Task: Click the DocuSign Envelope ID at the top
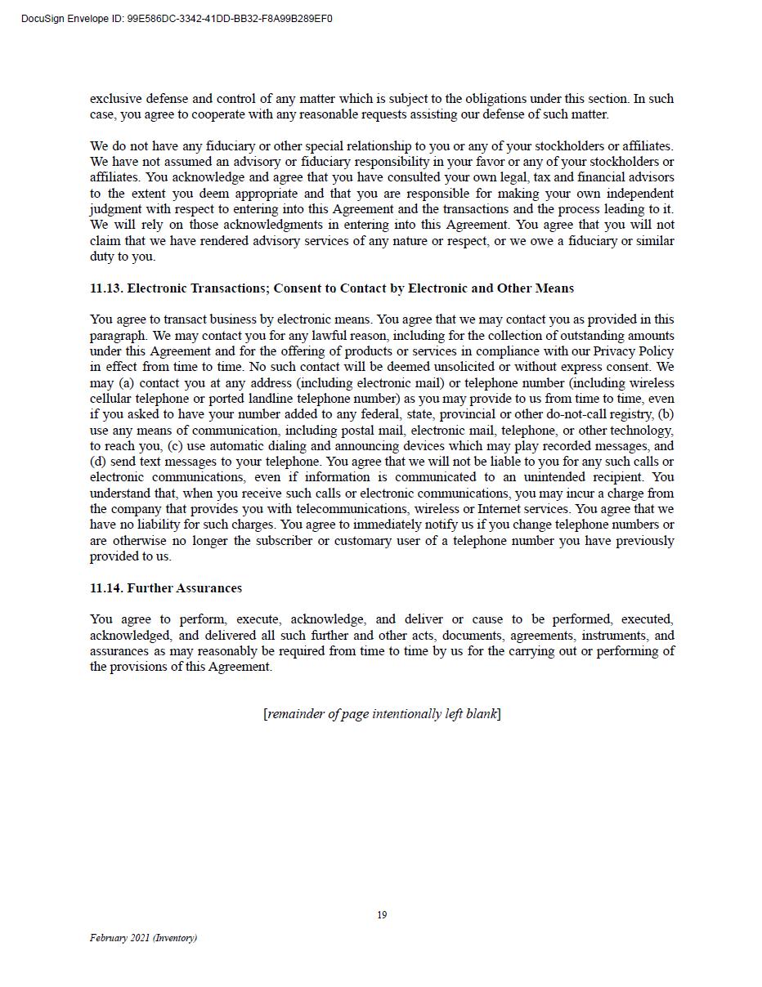pos(177,19)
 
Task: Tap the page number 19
pos(382,915)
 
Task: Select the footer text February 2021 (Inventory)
pos(143,938)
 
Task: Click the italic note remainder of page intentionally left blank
pos(382,714)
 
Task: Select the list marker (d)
pos(98,462)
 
